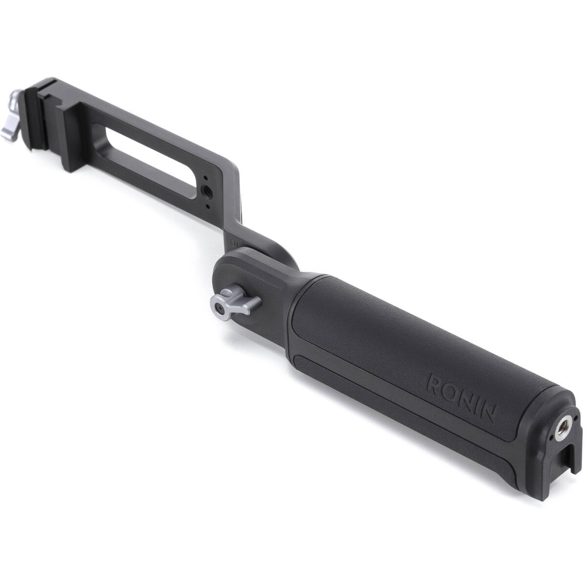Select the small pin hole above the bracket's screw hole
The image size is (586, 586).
point(206,179)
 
